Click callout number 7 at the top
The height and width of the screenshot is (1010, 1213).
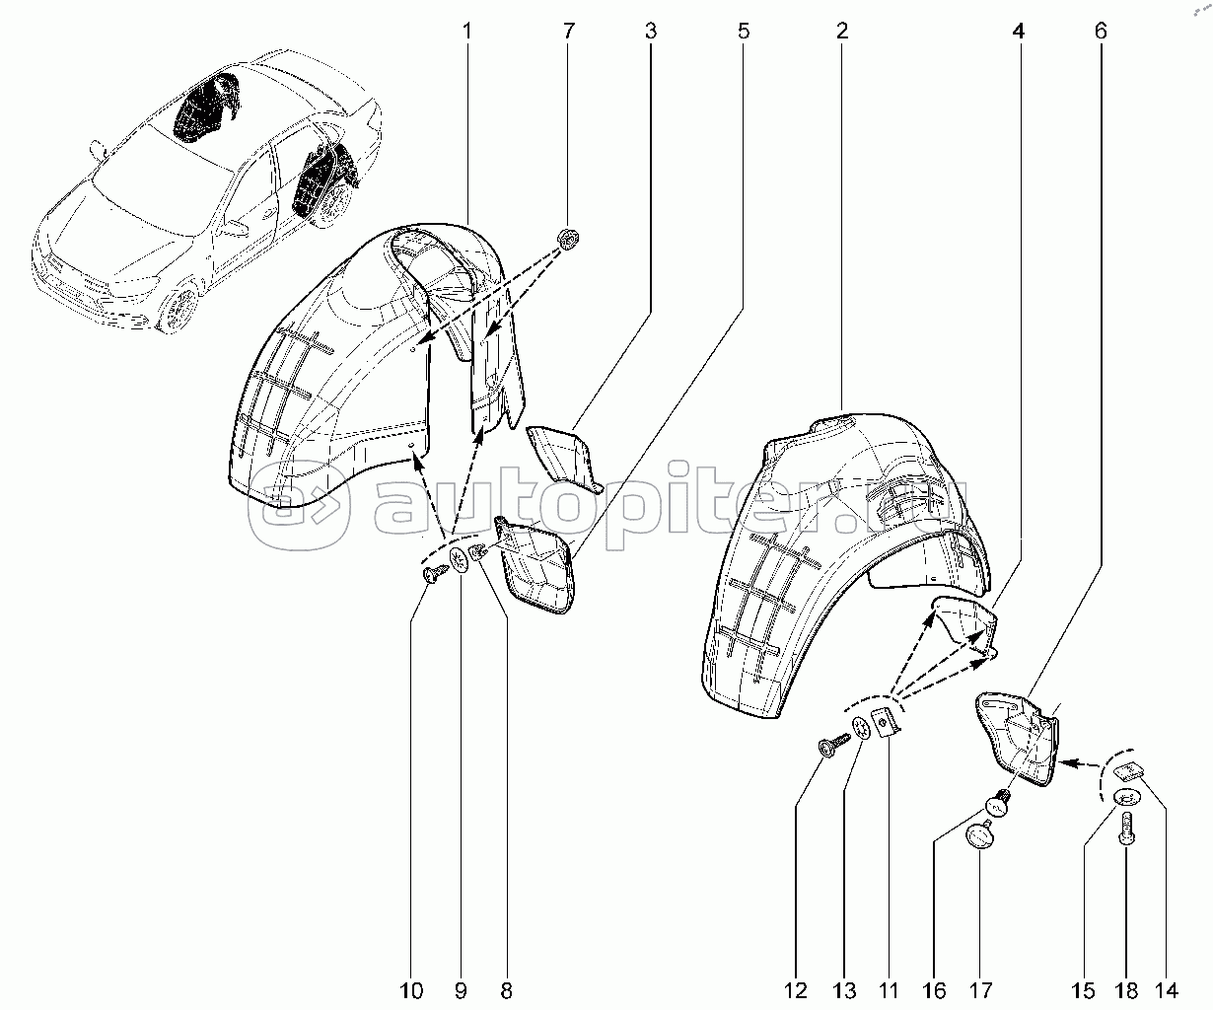coord(569,31)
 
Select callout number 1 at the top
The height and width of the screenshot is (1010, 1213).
coord(467,31)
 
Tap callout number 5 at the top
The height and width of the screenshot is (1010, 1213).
coord(744,31)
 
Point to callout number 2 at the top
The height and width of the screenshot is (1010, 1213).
coord(842,31)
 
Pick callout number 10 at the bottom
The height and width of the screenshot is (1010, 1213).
coord(411,990)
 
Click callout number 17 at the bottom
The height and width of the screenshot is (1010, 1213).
coord(980,990)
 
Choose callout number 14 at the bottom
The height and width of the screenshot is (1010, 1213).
coord(1166,990)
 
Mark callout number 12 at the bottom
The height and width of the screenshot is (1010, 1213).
coord(795,990)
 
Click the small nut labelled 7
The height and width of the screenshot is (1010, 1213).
coord(569,239)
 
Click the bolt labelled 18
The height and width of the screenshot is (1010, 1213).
coord(1126,831)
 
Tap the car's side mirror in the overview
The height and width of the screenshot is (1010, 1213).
coord(98,149)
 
